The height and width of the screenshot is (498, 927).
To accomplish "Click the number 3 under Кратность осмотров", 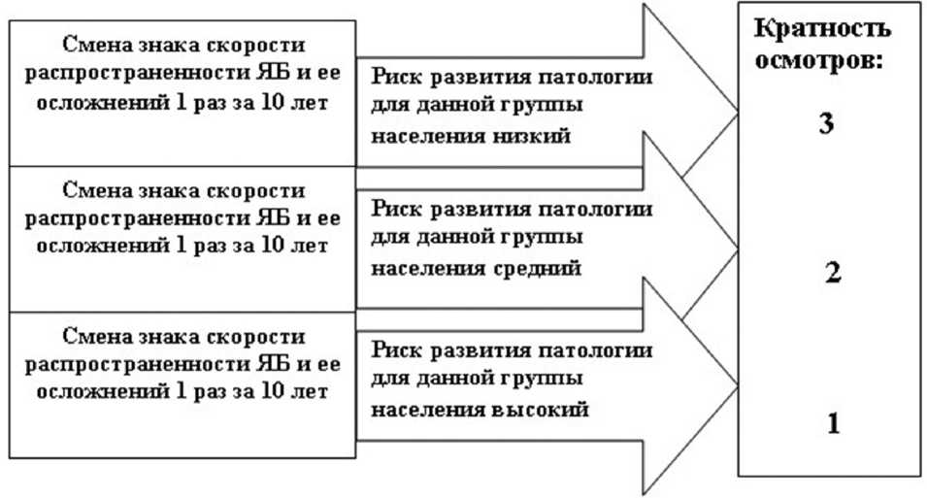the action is pyautogui.click(x=826, y=126).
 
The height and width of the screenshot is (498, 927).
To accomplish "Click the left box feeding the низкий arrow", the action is pyautogui.click(x=182, y=92).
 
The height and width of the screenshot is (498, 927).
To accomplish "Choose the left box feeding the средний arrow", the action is pyautogui.click(x=182, y=238).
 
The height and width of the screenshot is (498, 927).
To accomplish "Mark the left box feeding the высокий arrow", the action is pyautogui.click(x=182, y=384).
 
